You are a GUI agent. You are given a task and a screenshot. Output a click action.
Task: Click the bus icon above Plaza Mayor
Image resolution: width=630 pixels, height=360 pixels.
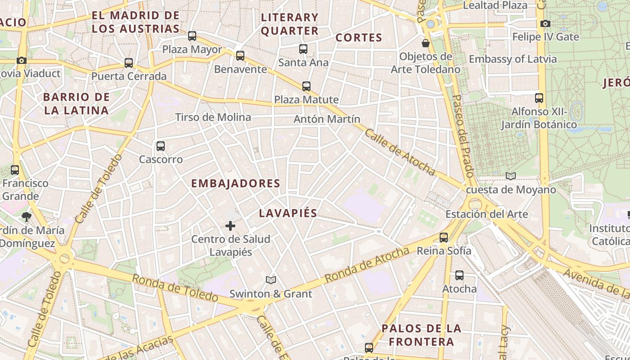coord(192,36)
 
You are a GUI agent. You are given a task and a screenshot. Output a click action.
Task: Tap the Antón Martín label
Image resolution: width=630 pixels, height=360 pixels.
coord(327,119)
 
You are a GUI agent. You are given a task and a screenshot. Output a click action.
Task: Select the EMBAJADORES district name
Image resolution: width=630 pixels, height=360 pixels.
coord(235,184)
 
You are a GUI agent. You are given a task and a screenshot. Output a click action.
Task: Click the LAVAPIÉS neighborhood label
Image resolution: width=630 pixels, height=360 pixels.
coord(288,213)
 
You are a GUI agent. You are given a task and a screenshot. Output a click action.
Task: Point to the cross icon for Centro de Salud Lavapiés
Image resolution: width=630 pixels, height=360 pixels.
coord(230,225)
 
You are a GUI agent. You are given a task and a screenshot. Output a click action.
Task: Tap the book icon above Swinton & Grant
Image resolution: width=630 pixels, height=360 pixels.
coord(270,280)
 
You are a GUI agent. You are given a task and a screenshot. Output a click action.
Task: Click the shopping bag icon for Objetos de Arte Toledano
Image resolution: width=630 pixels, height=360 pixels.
coord(425,43)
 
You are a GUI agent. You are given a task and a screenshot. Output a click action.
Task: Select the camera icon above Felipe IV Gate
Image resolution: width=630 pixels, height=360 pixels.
coord(545,23)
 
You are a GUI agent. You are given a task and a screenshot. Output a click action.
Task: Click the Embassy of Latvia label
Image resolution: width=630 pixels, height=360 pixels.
coord(513,59)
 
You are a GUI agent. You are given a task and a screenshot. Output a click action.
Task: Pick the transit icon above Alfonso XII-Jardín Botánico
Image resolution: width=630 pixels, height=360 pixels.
coord(539,98)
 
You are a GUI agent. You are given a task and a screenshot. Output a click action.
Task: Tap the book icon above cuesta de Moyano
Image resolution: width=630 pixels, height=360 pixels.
coord(510,176)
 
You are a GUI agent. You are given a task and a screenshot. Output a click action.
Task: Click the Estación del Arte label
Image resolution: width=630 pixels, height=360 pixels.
coord(486,214)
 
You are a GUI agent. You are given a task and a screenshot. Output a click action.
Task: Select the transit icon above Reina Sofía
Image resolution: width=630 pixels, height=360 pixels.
coord(444,237)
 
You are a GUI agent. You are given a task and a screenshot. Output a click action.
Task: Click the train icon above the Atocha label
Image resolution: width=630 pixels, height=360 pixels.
coord(459,275)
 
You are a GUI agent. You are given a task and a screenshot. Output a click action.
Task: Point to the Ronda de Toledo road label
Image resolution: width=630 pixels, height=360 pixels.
coord(175,288)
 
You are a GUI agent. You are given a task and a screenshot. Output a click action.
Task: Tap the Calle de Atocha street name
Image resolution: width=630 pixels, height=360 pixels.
coord(400,152)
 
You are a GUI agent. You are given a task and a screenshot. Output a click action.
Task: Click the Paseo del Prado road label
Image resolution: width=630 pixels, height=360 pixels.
coord(463,135)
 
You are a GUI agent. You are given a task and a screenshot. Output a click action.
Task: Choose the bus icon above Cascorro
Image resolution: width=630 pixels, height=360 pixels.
coord(161,146)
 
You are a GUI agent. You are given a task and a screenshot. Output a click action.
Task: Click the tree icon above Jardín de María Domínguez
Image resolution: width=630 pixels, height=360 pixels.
coord(27,217)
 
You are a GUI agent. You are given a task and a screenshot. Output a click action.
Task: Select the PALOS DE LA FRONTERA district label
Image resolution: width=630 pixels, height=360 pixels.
coord(421,335)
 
